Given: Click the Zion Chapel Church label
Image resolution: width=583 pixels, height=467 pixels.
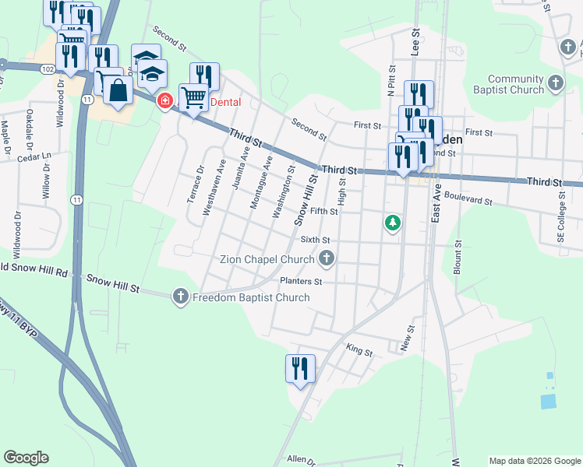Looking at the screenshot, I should pos(267,259).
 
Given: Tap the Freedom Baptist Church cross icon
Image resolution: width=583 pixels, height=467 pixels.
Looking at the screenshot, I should pos(181,296).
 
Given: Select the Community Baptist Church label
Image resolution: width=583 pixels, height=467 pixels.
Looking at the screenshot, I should pos(515,84).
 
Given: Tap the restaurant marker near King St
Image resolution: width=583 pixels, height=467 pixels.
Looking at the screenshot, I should pos(300,369).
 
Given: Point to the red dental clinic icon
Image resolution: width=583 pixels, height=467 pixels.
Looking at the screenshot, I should pos(165,102).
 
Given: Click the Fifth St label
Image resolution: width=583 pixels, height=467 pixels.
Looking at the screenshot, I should pos(323,211).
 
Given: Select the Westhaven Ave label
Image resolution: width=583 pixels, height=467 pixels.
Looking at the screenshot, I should pos(208,188).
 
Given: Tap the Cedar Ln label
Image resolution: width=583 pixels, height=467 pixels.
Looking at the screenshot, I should pos(34,158).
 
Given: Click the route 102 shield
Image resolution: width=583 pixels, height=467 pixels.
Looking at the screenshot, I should pos(47,68).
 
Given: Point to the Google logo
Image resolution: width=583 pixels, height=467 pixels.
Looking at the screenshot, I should pos(26,458).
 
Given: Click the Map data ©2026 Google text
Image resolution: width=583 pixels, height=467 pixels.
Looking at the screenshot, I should pos(534,461).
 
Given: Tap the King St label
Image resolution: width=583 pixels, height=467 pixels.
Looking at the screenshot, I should pos(359,351).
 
